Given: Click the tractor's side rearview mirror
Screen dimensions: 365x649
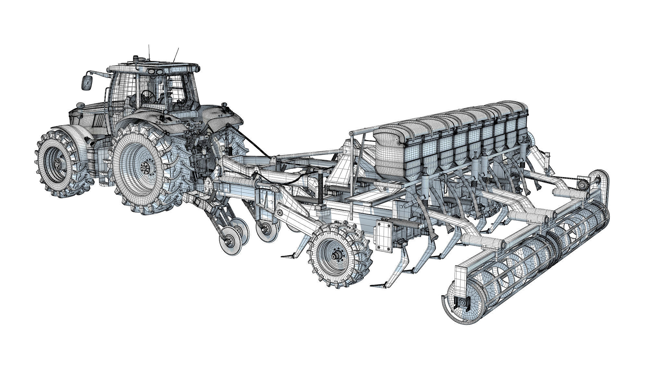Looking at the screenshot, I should point(87,82).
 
